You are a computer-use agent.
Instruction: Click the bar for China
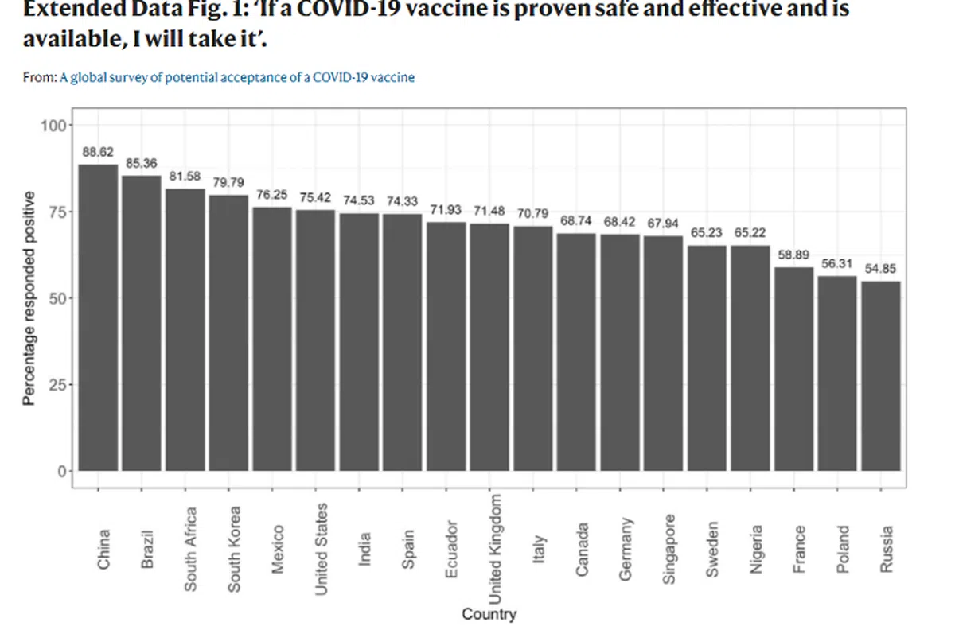(98, 318)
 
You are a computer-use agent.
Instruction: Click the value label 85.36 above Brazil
(142, 164)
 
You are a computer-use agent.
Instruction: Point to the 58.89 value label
(793, 255)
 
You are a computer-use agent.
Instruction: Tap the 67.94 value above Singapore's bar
(663, 224)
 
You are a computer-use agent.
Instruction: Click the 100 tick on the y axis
(56, 126)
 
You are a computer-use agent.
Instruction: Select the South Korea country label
(234, 549)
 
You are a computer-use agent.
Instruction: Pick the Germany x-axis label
(626, 549)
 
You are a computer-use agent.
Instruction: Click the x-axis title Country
(489, 614)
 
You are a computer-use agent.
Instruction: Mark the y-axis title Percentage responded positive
(29, 298)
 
